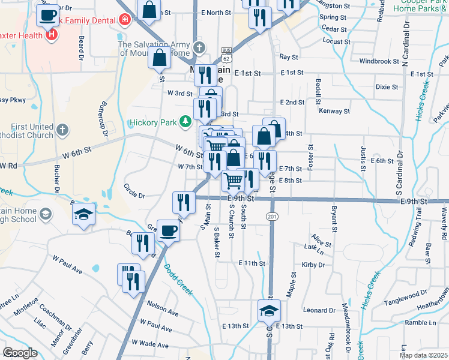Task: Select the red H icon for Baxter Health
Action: [52, 35]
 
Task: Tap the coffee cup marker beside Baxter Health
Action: [47, 14]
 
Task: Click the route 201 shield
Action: [273, 216]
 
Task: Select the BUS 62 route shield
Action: [226, 55]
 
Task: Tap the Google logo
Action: [19, 353]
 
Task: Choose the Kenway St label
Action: [334, 112]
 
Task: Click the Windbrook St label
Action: [379, 61]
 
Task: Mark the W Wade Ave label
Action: [150, 344]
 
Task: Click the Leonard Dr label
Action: [319, 310]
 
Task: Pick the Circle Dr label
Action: [134, 195]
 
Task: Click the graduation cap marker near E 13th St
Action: [269, 311]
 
